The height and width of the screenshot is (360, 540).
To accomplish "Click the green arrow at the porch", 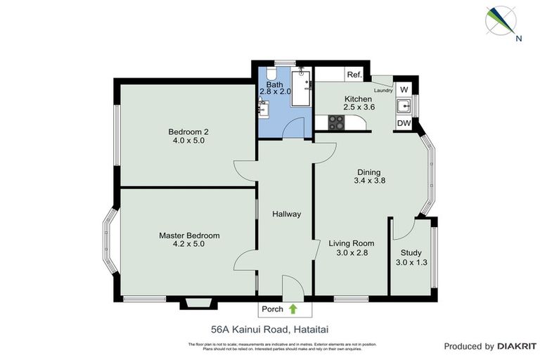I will pos(292,309).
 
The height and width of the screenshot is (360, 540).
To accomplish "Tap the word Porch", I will pos(271,309).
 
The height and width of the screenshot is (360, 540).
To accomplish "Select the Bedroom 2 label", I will pos(188,131).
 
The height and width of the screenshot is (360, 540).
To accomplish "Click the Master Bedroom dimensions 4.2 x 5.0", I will pos(188,245).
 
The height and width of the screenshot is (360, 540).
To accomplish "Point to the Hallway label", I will pos(286,214).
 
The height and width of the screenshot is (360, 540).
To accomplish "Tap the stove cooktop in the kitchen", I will pos(337,123).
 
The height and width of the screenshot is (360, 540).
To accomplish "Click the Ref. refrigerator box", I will pos(353,75).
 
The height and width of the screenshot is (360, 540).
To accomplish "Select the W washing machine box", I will pos(404,89).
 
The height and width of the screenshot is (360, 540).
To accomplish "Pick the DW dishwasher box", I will pos(404,124).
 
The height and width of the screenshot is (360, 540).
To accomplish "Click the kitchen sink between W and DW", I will pos(404,107).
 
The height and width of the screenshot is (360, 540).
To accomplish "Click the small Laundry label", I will pos(383,89).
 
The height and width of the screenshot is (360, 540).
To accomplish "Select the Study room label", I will pos(411,253).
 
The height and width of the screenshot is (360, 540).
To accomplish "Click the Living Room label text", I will pos(349,243).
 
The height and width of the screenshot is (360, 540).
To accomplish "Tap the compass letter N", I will pos(518,39).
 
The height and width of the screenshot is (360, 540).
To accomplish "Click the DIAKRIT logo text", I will pos(517,346).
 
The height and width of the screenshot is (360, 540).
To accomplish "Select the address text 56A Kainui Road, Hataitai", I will pos(269,328).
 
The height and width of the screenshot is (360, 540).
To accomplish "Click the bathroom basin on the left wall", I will pos(263,108).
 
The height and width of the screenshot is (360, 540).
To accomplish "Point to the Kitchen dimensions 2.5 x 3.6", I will pos(358,108).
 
